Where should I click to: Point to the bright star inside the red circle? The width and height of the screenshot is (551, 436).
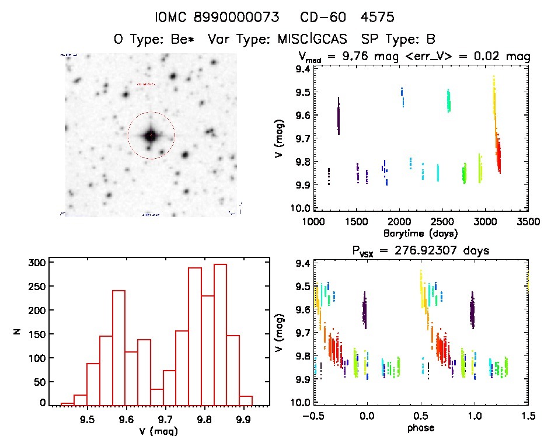click(x=151, y=135)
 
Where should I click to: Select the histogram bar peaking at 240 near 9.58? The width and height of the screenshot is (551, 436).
click(x=118, y=347)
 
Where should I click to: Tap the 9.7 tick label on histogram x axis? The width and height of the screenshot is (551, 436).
click(x=165, y=420)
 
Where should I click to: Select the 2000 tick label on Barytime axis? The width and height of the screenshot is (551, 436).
click(x=399, y=222)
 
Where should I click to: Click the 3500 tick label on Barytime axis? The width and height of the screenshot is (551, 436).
click(x=529, y=222)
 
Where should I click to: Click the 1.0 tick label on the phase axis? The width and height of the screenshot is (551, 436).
click(x=475, y=417)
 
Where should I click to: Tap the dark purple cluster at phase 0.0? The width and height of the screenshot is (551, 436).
click(x=365, y=309)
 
